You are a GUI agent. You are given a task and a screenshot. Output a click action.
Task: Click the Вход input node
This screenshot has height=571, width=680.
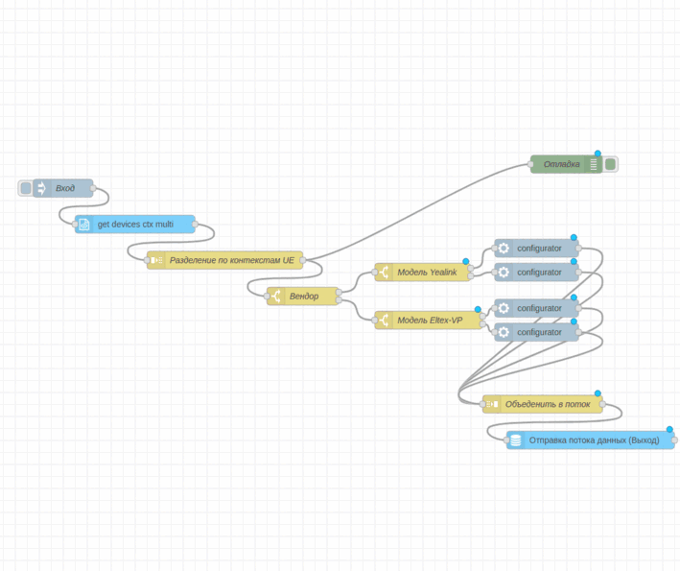64,188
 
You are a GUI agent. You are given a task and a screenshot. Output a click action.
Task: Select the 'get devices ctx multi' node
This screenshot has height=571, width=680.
135,225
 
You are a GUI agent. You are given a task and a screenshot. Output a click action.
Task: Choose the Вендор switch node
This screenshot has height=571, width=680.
304,296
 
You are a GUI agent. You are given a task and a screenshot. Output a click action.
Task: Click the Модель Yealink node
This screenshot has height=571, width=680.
427,273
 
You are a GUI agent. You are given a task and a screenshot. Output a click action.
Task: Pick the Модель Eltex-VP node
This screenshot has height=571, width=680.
433,320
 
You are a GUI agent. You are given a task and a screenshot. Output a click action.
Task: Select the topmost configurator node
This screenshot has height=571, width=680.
538,249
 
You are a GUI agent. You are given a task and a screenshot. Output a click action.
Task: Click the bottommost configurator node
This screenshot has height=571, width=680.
538,332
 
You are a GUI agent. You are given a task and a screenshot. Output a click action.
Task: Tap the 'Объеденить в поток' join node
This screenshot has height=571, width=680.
547,404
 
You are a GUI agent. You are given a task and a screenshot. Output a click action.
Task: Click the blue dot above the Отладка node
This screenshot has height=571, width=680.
598,154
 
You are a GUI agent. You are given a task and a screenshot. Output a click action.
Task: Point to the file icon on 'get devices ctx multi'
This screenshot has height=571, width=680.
84,225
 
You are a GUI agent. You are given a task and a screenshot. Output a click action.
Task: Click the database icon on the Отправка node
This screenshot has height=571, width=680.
516,440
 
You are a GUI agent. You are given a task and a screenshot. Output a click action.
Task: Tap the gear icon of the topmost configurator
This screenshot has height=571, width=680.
504,249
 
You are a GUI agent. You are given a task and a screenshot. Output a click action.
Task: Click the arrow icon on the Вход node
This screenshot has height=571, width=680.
41,188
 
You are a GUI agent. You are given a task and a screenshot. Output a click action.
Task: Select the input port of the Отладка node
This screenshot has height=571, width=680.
530,164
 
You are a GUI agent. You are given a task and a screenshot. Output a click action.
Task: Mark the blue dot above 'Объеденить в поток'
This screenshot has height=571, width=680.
598,393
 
